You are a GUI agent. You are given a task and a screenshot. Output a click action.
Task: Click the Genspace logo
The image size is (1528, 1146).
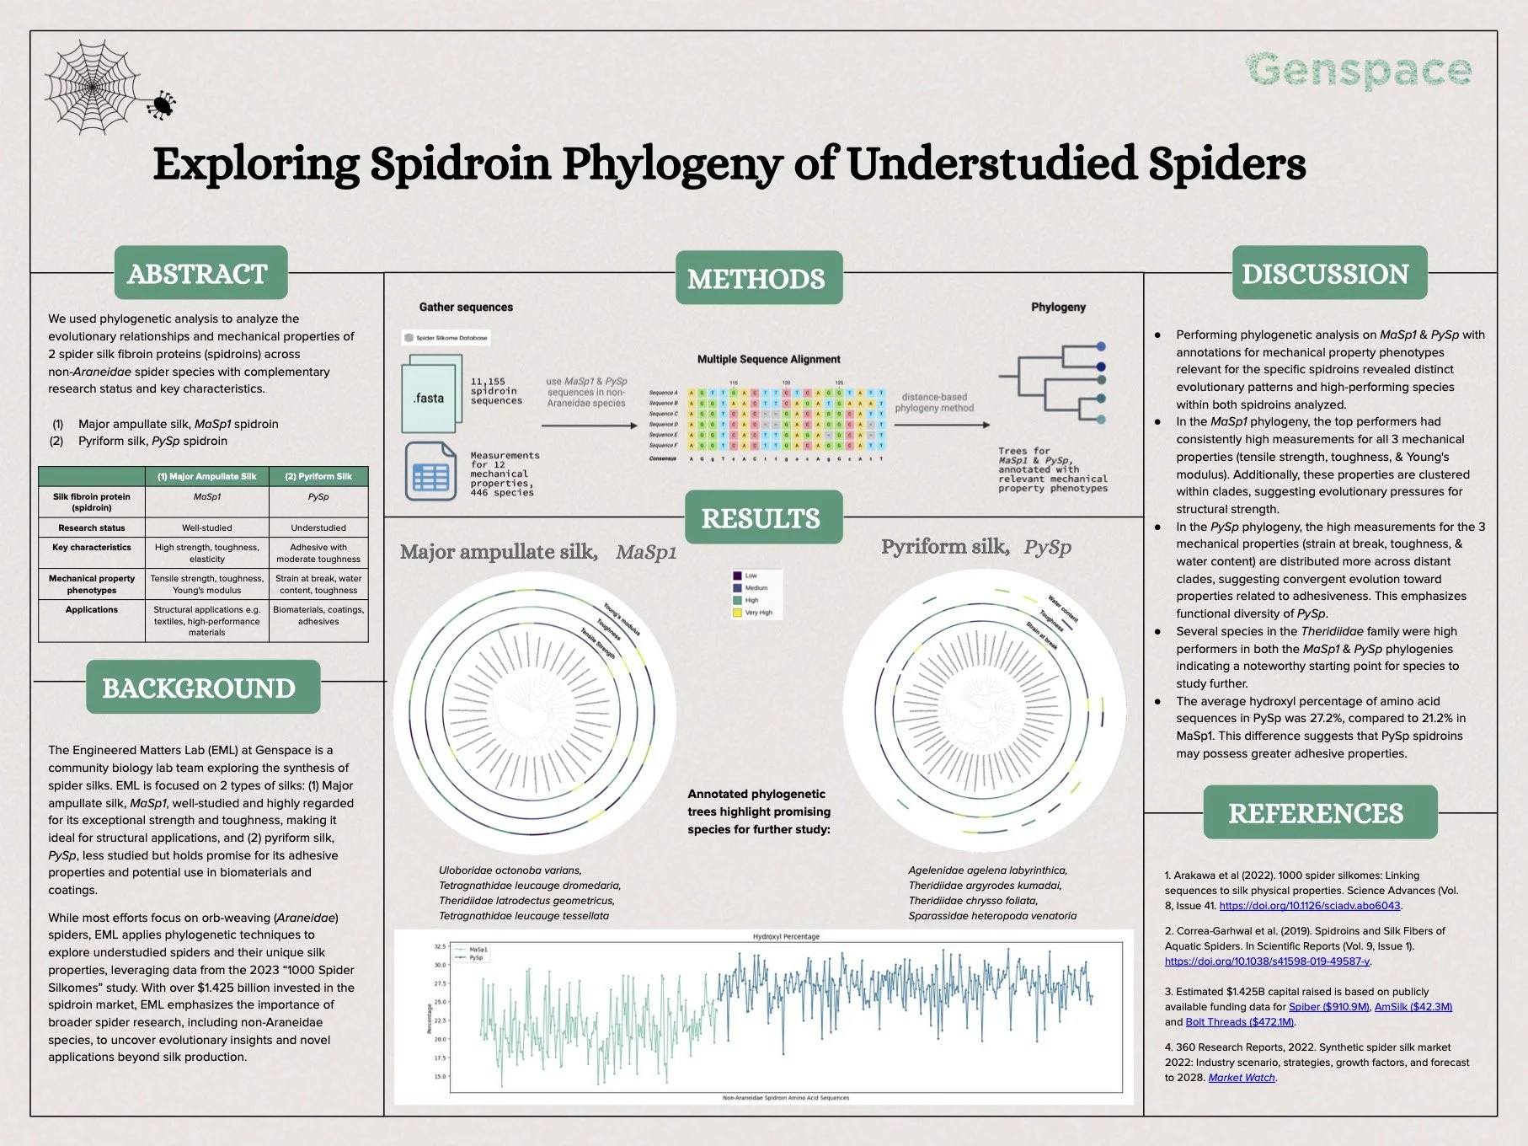coord(1358,71)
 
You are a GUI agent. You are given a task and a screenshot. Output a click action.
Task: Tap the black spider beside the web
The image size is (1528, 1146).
coord(160,104)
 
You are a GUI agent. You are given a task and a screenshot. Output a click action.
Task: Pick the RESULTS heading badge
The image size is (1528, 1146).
coord(761,517)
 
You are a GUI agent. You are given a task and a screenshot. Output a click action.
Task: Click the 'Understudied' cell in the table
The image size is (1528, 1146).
coord(318,527)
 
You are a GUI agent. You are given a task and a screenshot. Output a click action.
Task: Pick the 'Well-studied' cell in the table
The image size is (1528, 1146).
coord(207,527)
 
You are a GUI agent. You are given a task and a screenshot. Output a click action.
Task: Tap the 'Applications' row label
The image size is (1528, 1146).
coord(92,609)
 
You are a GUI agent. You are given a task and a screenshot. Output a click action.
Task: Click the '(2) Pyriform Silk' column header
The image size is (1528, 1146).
coord(318,476)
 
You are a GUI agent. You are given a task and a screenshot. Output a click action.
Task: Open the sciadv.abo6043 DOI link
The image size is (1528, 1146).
coord(1309,906)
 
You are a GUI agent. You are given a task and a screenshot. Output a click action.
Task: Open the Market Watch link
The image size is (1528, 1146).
coord(1242,1078)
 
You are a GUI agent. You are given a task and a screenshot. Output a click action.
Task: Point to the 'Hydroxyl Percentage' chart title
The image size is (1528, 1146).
coord(785,936)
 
